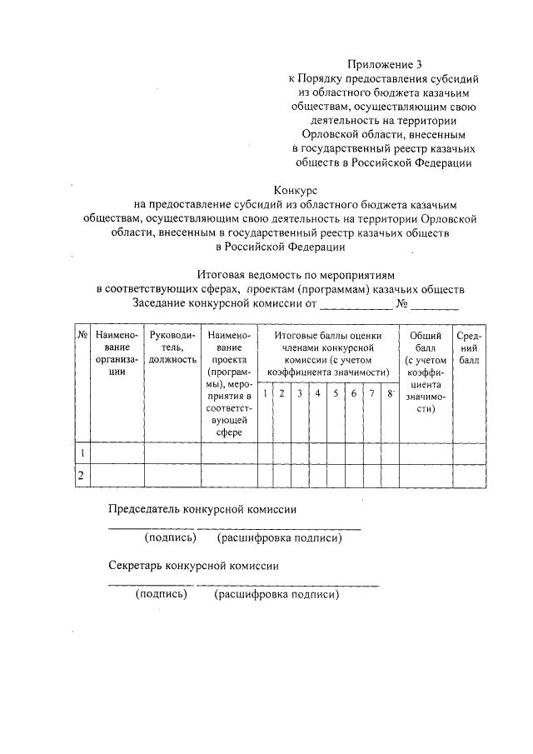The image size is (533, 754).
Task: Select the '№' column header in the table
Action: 82,335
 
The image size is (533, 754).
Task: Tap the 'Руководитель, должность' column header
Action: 172,347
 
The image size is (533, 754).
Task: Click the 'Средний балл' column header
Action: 469,347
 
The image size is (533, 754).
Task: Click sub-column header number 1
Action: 265,393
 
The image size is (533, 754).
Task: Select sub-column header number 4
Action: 317,393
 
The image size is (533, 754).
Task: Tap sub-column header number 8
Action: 390,393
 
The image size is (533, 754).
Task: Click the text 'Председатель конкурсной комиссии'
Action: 203,509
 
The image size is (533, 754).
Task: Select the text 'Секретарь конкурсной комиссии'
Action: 194,565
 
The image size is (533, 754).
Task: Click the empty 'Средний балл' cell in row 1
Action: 469,452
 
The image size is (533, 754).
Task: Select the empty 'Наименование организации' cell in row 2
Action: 117,475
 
